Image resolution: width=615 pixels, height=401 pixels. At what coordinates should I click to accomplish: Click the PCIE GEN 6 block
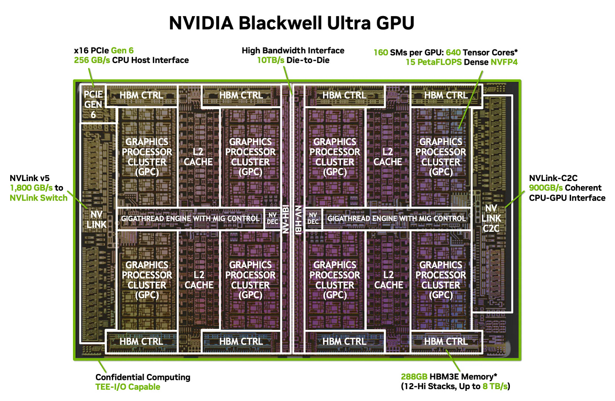pos(93,104)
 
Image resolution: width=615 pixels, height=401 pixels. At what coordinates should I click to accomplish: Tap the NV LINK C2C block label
pos(491,218)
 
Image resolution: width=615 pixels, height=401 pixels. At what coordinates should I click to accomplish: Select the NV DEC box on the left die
pos(272,218)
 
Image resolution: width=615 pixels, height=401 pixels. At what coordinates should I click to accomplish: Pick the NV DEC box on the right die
pos(313,218)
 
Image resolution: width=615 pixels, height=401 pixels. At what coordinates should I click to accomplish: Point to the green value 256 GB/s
pos(92,60)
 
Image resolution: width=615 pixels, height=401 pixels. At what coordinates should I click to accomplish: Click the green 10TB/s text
pos(271,60)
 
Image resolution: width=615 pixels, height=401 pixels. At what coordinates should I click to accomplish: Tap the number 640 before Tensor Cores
pos(453,52)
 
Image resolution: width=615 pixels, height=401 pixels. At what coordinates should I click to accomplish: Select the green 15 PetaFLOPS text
pos(433,62)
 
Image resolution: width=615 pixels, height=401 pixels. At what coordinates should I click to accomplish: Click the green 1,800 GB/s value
pos(31,188)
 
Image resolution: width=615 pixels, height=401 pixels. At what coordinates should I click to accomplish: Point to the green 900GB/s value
pos(546,188)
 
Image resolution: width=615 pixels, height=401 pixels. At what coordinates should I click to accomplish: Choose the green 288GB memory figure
pos(414,376)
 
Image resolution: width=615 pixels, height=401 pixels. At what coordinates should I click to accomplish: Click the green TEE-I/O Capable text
pos(128,387)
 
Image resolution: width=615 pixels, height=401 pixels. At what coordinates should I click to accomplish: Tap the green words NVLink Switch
pos(38,198)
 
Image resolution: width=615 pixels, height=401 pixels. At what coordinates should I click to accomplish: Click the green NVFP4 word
pos(504,62)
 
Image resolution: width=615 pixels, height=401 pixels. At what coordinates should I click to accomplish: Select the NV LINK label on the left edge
pos(96,219)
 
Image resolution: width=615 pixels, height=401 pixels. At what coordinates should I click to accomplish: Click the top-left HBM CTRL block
pos(141,96)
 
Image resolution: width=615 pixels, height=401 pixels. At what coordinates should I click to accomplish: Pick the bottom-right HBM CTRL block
pos(446,341)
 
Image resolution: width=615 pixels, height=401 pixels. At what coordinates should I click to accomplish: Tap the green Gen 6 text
pos(122,50)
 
